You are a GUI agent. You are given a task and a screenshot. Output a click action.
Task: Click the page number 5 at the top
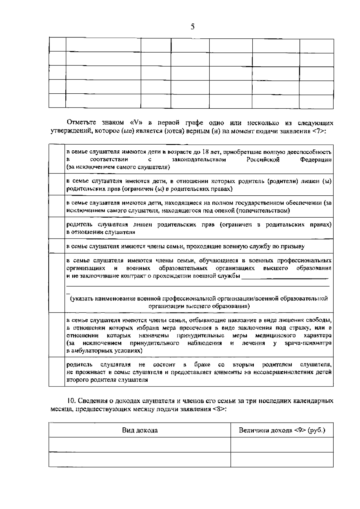click(x=193, y=27)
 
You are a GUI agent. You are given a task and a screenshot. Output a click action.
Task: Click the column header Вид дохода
click(x=140, y=430)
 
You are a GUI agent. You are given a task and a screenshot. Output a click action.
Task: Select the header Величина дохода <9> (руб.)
click(x=282, y=430)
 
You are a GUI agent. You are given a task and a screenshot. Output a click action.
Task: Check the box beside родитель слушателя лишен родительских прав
click(x=57, y=228)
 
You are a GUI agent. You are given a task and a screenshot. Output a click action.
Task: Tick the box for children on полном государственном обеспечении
click(x=57, y=206)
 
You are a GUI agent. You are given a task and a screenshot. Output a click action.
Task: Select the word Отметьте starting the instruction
click(x=81, y=123)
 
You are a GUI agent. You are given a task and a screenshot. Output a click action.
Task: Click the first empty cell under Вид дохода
click(x=140, y=444)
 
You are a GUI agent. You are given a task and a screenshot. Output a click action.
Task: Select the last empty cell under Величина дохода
click(x=282, y=459)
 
